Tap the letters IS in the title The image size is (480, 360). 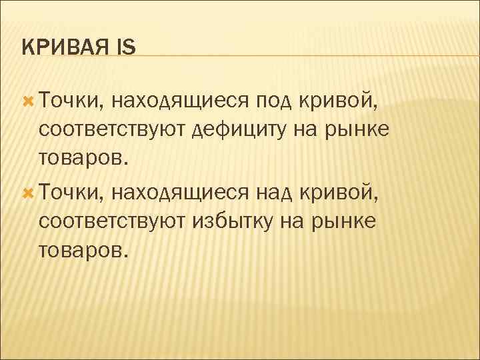pos(125,48)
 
